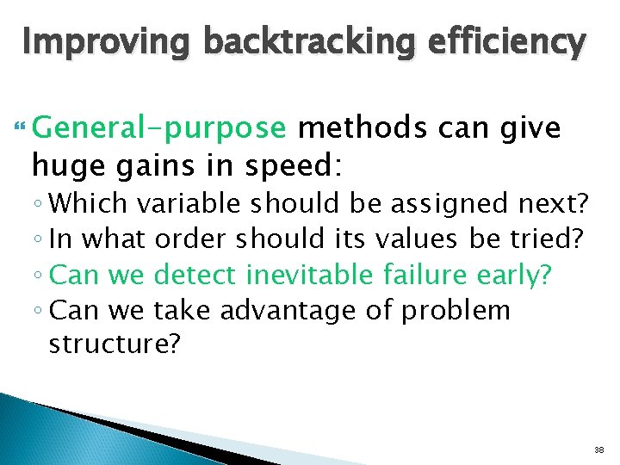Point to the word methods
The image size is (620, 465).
363,129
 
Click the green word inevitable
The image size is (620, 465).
307,275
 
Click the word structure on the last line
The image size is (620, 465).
108,344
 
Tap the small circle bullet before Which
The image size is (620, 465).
40,206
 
